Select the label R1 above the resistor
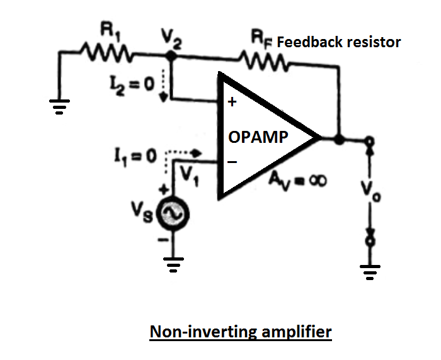pos(110,30)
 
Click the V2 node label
pos(171,38)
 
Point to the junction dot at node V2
pos(171,55)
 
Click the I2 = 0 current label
pos(132,85)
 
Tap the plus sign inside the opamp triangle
pos(232,102)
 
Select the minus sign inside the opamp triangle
pos(232,162)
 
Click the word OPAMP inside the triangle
pos(258,137)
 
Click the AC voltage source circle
pos(173,214)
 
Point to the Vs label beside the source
pos(142,213)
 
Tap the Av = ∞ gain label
pos(297,180)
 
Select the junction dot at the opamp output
pos(340,139)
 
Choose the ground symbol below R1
pos(59,107)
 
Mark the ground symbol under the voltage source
pos(173,265)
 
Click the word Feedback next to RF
pos(310,42)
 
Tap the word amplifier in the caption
pos(297,332)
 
